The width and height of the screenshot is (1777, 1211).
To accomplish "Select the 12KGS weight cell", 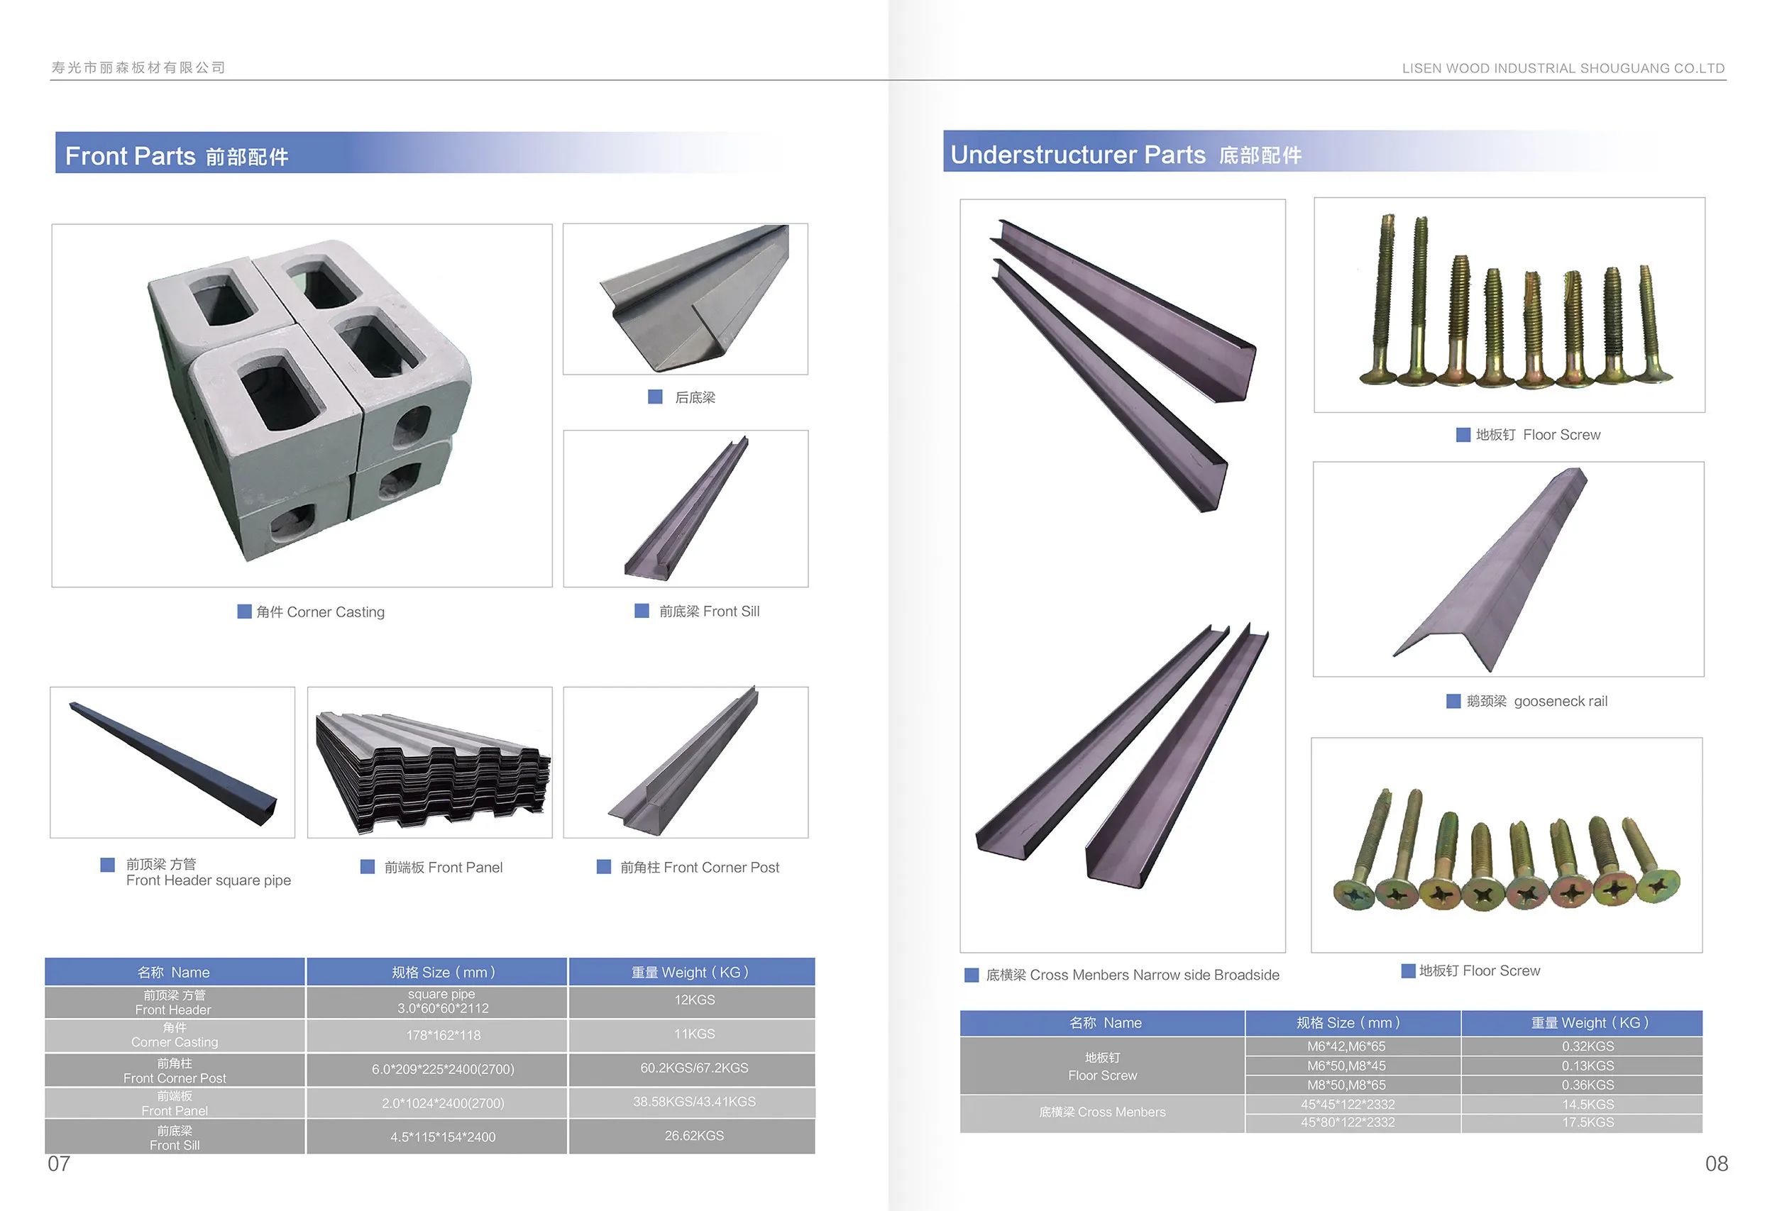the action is [x=694, y=1000].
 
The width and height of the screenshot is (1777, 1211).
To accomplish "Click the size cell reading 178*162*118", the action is [x=444, y=1035].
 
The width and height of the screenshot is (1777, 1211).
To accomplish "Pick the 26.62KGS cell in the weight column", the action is [x=694, y=1135].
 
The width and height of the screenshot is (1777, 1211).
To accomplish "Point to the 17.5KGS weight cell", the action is [x=1588, y=1122].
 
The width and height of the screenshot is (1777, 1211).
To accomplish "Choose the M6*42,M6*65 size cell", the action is [x=1346, y=1046].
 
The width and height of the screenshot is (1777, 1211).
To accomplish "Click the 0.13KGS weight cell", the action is [x=1588, y=1066].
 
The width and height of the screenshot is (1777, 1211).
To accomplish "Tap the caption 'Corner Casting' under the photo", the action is [x=336, y=612].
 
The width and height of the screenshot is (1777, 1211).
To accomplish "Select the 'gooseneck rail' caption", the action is [x=1561, y=701].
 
